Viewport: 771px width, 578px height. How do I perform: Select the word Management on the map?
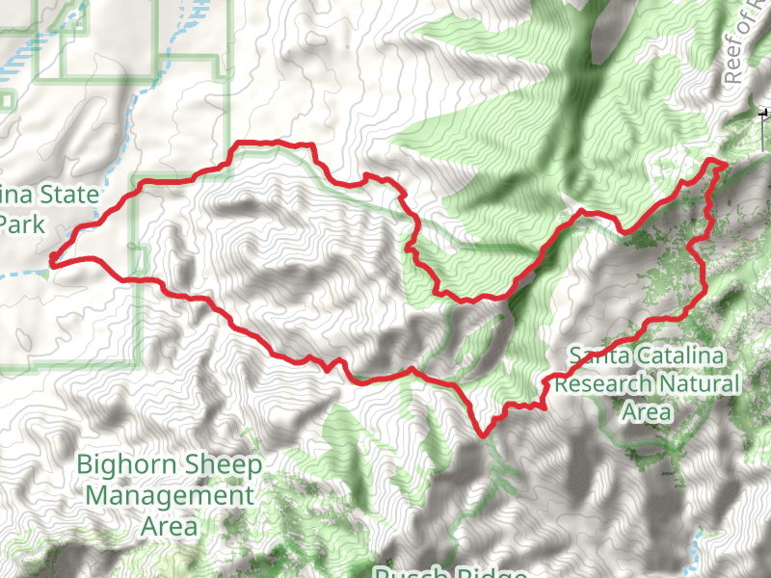click(170, 496)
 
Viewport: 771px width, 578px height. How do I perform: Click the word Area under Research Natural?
click(646, 411)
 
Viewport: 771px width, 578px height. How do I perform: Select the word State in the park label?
click(68, 196)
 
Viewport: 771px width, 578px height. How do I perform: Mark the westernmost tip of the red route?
click(51, 258)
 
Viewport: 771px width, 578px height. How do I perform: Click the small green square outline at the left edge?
click(6, 99)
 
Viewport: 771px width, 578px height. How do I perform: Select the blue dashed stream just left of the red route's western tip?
click(24, 274)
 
